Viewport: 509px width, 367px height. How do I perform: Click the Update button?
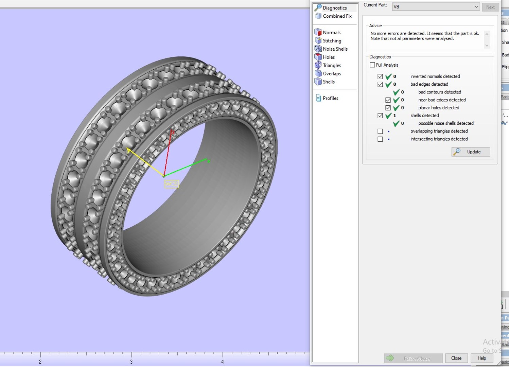point(471,152)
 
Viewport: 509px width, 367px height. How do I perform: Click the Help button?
point(481,358)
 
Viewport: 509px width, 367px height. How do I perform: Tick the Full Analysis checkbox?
point(372,65)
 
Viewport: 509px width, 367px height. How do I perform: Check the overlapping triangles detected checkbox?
point(380,131)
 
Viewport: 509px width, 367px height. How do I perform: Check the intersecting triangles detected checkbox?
point(380,139)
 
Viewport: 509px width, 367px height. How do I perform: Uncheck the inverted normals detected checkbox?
point(380,76)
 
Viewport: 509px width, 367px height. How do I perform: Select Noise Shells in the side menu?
point(335,49)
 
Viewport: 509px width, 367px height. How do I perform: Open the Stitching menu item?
point(332,41)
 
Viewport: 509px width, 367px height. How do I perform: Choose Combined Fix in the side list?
point(337,16)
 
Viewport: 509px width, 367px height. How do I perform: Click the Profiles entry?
point(330,98)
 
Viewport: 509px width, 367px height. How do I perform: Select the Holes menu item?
point(329,57)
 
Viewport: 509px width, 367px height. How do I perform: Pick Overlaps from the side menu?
point(332,73)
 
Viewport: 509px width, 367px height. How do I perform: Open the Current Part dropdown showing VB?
point(436,7)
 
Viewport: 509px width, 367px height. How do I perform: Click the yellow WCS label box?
point(171,184)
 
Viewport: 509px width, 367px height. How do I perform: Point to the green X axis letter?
point(209,161)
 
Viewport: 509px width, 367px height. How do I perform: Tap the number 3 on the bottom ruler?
point(131,362)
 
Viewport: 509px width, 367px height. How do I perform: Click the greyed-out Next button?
point(490,7)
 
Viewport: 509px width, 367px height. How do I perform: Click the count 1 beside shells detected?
point(394,116)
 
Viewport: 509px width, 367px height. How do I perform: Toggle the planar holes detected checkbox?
point(388,108)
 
